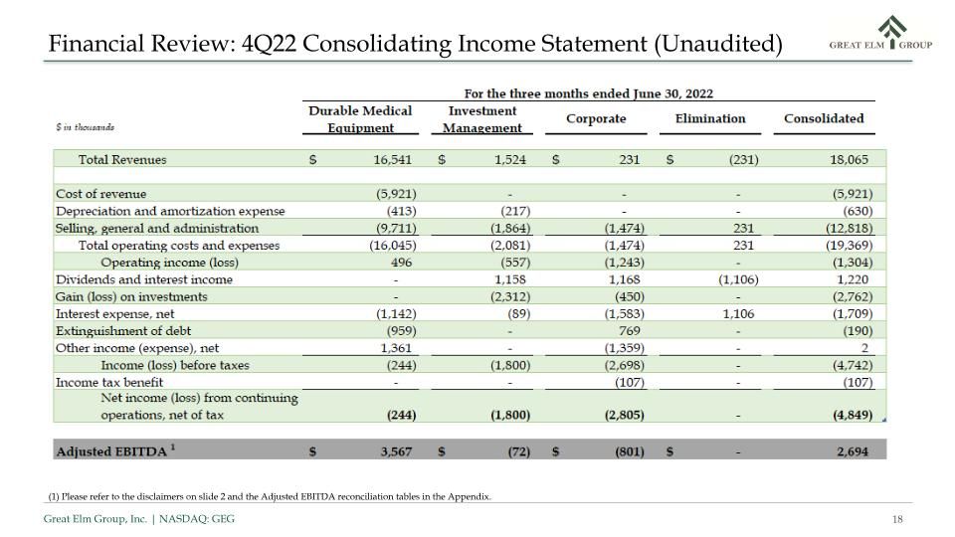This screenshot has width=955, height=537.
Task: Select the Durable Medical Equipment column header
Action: coord(360,119)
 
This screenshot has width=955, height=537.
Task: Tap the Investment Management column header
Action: coord(481,119)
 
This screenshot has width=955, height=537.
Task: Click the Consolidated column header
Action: coord(824,118)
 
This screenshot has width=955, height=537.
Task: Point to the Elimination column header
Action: coord(710,118)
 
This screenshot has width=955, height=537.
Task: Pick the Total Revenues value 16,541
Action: coord(392,159)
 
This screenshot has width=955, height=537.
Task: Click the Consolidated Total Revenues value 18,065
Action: coord(849,159)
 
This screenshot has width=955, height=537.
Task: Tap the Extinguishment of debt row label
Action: coord(123,330)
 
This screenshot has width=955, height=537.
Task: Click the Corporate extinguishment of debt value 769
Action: coord(629,330)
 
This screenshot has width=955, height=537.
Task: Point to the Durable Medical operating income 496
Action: coord(401,263)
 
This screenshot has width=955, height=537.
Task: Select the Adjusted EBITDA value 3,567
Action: coord(396,451)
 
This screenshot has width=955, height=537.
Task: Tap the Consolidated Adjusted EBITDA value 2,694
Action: coord(853,451)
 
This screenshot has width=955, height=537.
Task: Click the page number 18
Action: coord(897,519)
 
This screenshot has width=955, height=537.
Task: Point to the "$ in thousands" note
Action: coord(85,127)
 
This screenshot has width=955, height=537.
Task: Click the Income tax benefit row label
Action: coord(109,382)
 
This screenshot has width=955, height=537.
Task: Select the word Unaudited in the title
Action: coord(718,44)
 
